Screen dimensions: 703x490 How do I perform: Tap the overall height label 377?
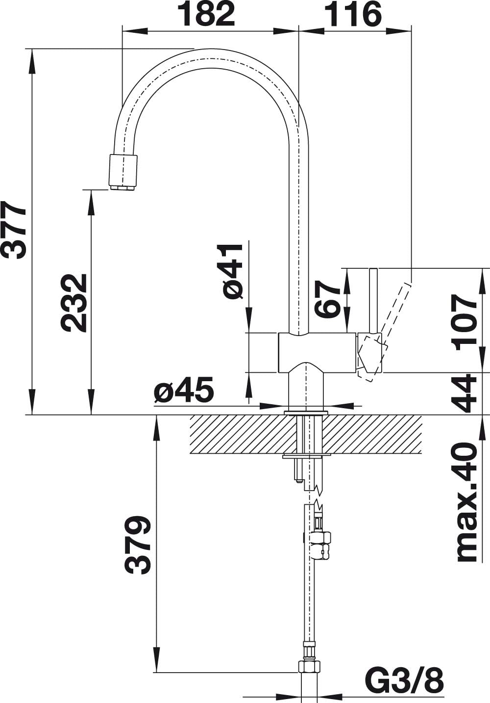[14, 229]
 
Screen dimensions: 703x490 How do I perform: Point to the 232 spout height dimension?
[73, 303]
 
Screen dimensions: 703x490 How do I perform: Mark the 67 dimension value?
[327, 299]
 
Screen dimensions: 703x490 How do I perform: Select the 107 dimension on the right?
[465, 321]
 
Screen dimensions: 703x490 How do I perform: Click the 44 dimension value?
[465, 393]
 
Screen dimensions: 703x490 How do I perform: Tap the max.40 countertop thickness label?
[465, 501]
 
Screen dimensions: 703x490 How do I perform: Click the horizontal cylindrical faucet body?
[317, 352]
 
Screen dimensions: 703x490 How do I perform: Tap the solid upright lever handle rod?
[373, 299]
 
